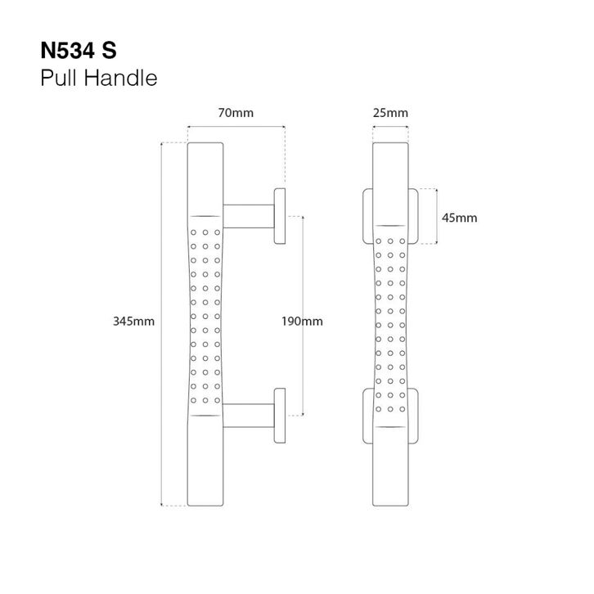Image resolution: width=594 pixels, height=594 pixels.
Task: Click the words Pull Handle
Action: tap(97, 79)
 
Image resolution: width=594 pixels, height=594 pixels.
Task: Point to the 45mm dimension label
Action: tap(458, 218)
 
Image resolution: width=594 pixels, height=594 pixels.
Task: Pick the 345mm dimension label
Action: tap(133, 322)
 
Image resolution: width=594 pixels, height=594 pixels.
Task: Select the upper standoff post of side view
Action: tap(249, 215)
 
